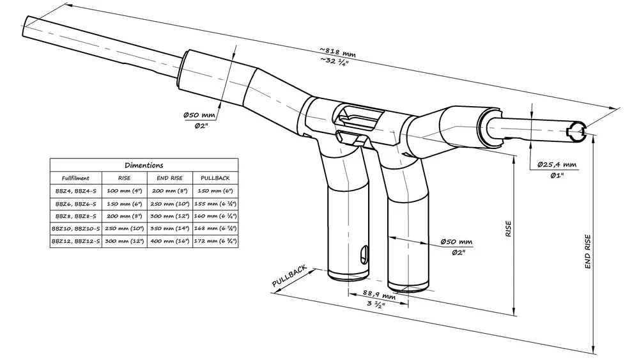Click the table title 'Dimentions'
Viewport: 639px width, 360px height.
pyautogui.click(x=144, y=165)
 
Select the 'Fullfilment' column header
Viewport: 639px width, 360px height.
pyautogui.click(x=75, y=178)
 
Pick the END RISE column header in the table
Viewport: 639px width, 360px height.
pyautogui.click(x=170, y=178)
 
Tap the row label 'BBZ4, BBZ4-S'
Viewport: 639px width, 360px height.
pyautogui.click(x=75, y=191)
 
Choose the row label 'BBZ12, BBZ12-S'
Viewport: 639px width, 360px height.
pyautogui.click(x=75, y=242)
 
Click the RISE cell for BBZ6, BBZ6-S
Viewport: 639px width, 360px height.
pyautogui.click(x=125, y=204)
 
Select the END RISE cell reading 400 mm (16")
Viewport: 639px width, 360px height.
pyautogui.click(x=170, y=242)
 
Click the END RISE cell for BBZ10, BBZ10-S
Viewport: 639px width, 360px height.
pyautogui.click(x=170, y=229)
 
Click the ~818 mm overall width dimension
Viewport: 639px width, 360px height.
pyautogui.click(x=337, y=51)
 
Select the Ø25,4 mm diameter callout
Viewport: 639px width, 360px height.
pyautogui.click(x=557, y=164)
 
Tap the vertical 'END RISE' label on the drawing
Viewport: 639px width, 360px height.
pyautogui.click(x=588, y=252)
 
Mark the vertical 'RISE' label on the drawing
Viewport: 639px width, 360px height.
pyautogui.click(x=509, y=230)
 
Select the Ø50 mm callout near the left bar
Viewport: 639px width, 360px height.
pyautogui.click(x=199, y=115)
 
